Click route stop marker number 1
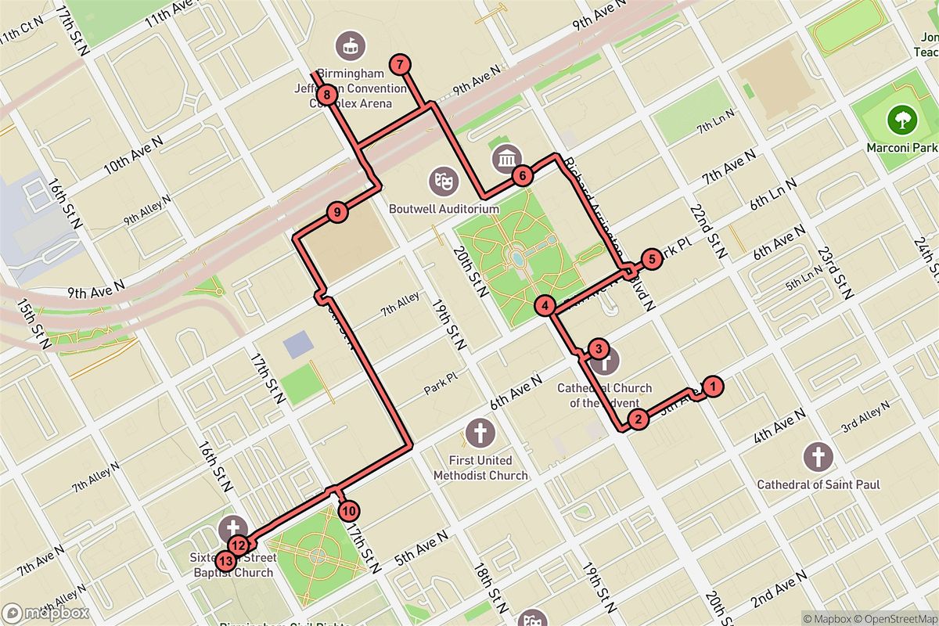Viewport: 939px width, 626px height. pos(711,385)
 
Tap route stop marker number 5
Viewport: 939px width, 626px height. pos(650,258)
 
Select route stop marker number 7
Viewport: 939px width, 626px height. pos(400,65)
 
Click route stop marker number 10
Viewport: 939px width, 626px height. pos(349,510)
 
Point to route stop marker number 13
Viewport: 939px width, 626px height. pos(226,560)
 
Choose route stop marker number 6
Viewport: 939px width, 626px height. pos(522,176)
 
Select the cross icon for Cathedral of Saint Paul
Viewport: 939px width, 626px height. pos(818,456)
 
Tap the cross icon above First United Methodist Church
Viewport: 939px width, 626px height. pos(480,431)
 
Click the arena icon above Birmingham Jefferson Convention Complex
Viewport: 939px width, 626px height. pos(350,46)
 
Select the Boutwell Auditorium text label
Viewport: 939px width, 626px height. pos(444,210)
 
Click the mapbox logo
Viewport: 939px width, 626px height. pos(45,613)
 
